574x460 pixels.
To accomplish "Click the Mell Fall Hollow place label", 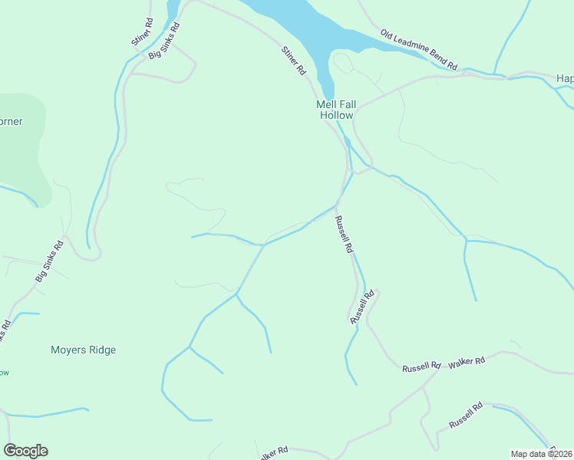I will pyautogui.click(x=335, y=110).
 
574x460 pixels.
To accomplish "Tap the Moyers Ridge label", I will pyautogui.click(x=83, y=350).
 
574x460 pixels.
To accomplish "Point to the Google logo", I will pyautogui.click(x=25, y=451).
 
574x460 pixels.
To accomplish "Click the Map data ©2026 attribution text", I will pyautogui.click(x=541, y=454).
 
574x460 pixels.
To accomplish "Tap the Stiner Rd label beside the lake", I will pyautogui.click(x=294, y=61).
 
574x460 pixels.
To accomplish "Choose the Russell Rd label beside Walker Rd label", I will pyautogui.click(x=421, y=367).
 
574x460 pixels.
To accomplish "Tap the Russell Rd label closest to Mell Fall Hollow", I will pyautogui.click(x=343, y=235).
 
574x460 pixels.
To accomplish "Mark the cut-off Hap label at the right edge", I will pyautogui.click(x=564, y=78).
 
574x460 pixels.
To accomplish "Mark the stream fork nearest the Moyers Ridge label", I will pyautogui.click(x=189, y=347).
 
